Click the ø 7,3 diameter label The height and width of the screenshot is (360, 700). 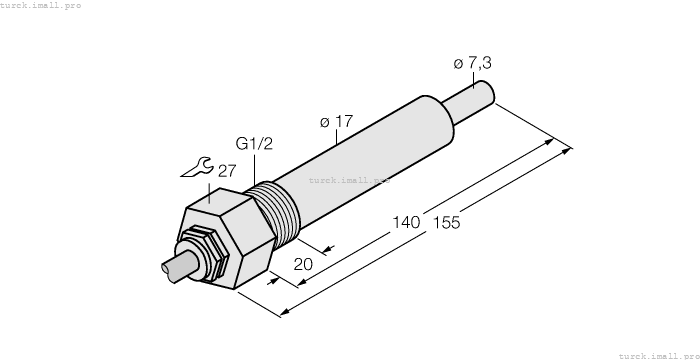tap(472, 63)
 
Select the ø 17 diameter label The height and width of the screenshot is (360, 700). tap(336, 122)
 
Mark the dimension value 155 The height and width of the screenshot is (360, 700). tap(444, 223)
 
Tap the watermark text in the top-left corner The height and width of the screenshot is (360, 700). tap(41, 5)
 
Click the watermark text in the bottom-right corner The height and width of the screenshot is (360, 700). tap(658, 354)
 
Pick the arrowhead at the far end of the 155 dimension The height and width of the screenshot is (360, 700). tap(569, 151)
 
